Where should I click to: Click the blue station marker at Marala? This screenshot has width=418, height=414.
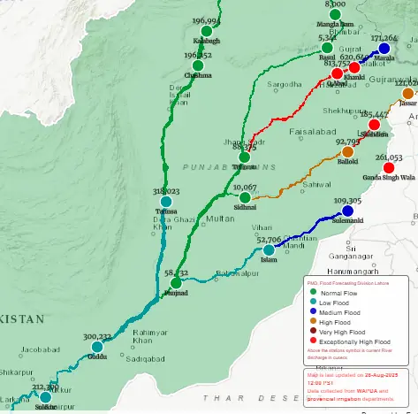(384, 49)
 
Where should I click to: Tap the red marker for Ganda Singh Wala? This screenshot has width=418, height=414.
(388, 167)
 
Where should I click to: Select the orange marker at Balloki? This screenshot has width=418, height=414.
(347, 152)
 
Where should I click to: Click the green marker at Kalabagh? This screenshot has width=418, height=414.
(206, 31)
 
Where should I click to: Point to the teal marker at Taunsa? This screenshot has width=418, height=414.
(165, 202)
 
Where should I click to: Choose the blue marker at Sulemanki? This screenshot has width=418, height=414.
(347, 211)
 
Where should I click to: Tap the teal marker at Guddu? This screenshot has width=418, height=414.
(97, 347)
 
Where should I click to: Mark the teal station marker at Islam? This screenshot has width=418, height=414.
(269, 249)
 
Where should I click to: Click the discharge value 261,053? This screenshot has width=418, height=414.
(389, 157)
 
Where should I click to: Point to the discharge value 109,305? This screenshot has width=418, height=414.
(348, 201)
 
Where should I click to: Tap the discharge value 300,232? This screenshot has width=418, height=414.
(97, 337)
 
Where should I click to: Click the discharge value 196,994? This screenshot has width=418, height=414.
(206, 21)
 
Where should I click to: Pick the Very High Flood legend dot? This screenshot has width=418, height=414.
(310, 332)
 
